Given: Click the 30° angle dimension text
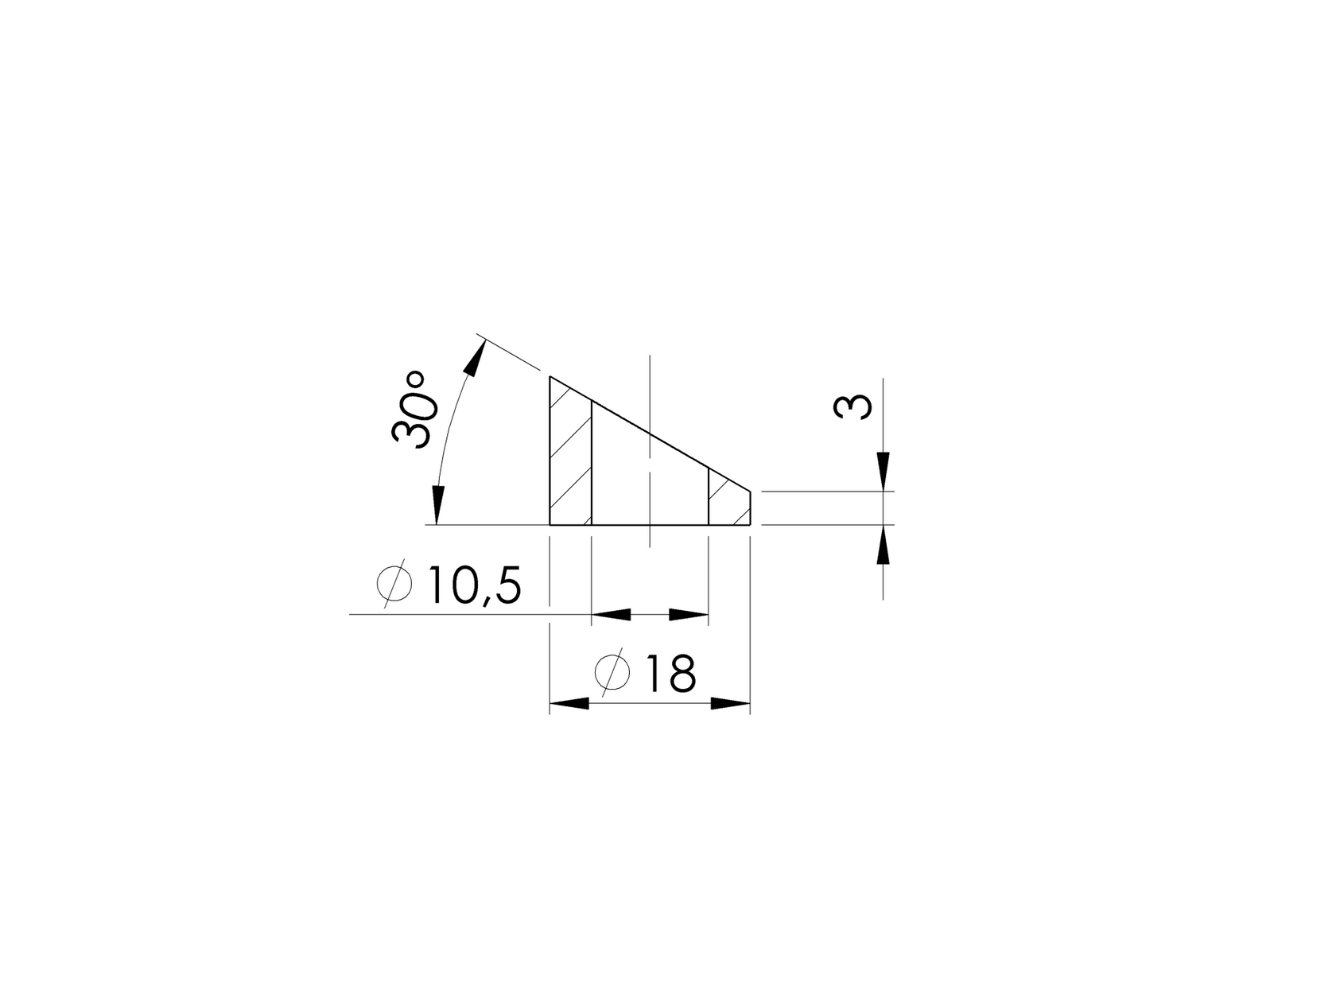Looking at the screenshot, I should pyautogui.click(x=415, y=409).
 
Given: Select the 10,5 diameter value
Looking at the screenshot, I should pyautogui.click(x=475, y=587).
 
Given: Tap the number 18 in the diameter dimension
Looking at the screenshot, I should pyautogui.click(x=670, y=674).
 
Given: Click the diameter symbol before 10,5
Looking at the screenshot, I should pyautogui.click(x=394, y=585).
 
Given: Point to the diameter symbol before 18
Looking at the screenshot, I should pyautogui.click(x=612, y=673).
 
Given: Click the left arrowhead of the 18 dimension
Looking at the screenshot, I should pyautogui.click(x=570, y=703).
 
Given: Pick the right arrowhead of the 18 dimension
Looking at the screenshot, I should pyautogui.click(x=730, y=703).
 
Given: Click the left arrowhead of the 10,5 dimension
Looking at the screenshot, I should pyautogui.click(x=611, y=614).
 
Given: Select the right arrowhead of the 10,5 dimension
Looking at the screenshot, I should pyautogui.click(x=689, y=614).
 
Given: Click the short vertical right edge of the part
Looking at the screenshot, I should pyautogui.click(x=750, y=508).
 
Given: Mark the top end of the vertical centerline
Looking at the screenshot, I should pyautogui.click(x=651, y=356).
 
